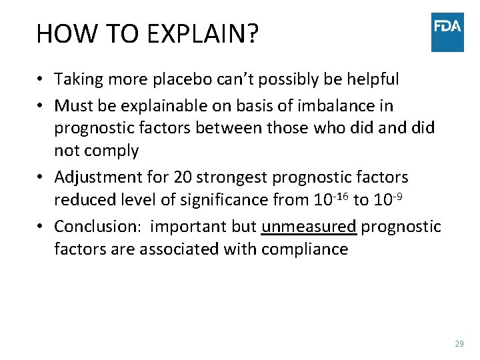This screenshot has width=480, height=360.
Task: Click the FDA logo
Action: click(447, 32)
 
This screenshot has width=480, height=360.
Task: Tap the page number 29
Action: click(459, 344)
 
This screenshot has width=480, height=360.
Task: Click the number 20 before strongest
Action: click(183, 177)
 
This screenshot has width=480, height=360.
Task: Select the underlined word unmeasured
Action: click(309, 227)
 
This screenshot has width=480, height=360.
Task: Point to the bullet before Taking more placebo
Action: click(41, 80)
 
